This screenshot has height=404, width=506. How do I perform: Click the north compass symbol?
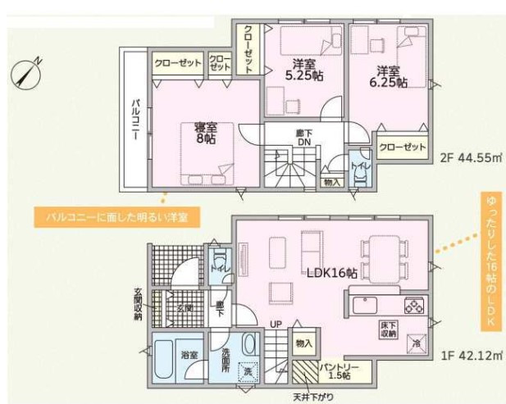(26, 73)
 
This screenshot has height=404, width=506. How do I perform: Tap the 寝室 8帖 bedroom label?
(205, 133)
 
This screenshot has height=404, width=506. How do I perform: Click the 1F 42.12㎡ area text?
(469, 354)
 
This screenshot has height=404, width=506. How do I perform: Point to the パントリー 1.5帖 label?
(335, 369)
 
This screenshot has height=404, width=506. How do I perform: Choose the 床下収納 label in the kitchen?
(388, 329)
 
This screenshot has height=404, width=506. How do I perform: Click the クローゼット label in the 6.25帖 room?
(402, 147)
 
